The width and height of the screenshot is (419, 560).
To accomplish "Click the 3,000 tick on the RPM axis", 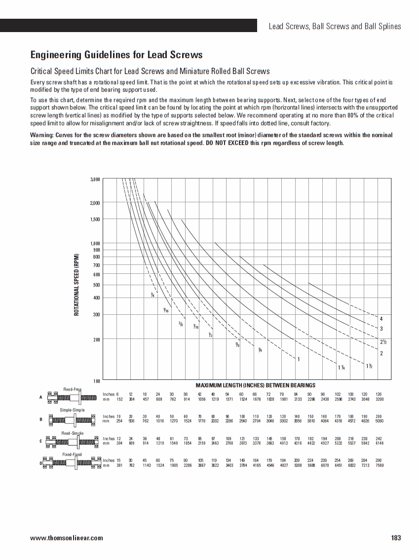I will coord(95,179).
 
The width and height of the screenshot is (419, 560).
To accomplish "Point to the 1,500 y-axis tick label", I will coord(95,219).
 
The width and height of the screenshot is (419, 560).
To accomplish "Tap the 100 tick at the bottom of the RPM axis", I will coord(97,381).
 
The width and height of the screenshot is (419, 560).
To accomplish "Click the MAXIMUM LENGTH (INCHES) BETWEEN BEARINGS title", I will coord(255,385).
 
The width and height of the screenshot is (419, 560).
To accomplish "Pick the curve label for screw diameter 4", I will coord(381,318).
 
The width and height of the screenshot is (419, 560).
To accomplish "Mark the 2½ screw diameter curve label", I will coord(383,342).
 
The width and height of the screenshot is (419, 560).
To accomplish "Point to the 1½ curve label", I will coord(369,366).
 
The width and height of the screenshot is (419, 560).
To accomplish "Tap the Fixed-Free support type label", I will coord(72,390).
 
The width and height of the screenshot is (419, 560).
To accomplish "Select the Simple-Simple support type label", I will coord(72,410).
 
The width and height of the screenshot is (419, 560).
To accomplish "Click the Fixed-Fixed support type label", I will coord(72,454).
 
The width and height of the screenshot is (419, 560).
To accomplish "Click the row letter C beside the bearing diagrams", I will coord(40,441).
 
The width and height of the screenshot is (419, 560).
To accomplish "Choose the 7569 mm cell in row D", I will coord(379,465).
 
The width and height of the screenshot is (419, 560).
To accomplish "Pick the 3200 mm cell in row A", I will coord(379,399).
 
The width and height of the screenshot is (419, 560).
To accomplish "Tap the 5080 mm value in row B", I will coord(379,421).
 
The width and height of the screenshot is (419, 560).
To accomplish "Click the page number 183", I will coord(396,538).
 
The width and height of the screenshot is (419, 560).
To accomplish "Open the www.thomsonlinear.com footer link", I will coord(67,538).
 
